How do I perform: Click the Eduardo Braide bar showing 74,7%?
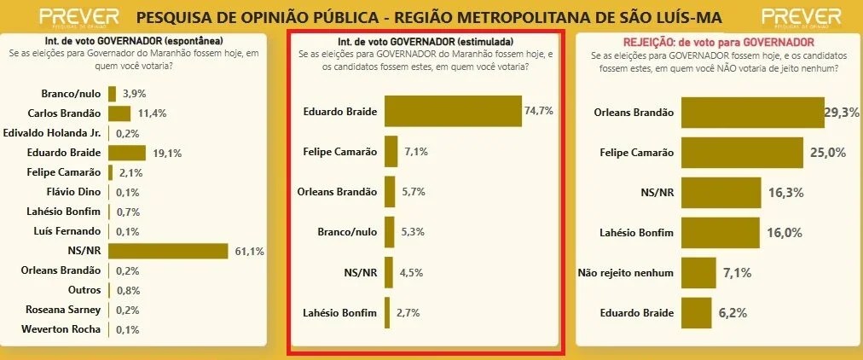453,112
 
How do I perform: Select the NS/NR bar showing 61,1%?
168,250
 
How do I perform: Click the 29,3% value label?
843,113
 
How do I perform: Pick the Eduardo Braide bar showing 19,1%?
127,153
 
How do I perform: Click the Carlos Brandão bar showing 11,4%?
119,113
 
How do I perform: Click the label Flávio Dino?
74,192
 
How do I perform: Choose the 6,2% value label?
733,313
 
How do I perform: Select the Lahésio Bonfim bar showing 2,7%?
387,312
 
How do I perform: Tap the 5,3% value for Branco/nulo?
413,233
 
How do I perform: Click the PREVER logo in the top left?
78,17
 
